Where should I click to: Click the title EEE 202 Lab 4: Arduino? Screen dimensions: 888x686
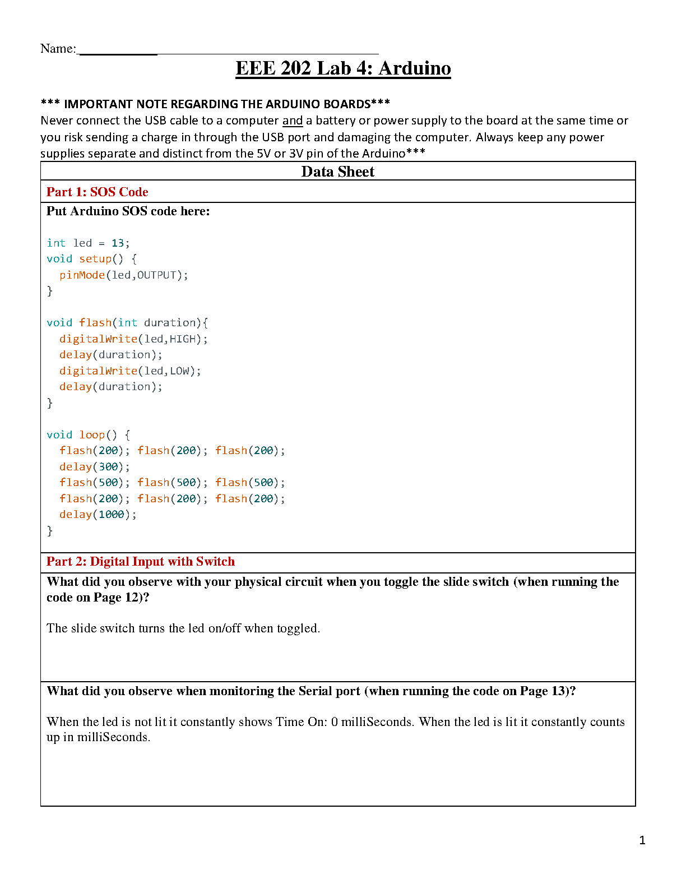coord(343,68)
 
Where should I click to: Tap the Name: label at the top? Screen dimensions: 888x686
coord(58,49)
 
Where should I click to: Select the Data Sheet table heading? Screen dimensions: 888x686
coord(337,172)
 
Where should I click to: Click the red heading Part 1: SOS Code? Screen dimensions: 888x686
coord(97,192)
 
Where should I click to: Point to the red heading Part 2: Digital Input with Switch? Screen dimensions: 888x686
coord(140,562)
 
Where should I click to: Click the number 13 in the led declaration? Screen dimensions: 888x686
coord(117,243)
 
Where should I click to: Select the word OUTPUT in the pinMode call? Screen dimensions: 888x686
coord(156,275)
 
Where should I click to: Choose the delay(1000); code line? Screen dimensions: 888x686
coord(98,515)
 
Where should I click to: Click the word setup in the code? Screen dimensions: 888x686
coord(95,259)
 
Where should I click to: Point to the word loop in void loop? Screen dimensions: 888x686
coord(91,435)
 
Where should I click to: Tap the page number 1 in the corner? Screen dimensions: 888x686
coord(642,840)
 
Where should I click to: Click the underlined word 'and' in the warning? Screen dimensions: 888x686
coord(292,121)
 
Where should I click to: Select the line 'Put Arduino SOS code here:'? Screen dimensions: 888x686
coord(128,211)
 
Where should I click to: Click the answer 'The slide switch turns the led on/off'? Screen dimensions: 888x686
coord(183,628)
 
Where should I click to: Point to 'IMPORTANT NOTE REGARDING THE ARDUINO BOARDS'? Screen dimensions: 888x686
coord(217,104)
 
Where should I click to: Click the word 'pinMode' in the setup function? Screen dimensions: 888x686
coord(82,275)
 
